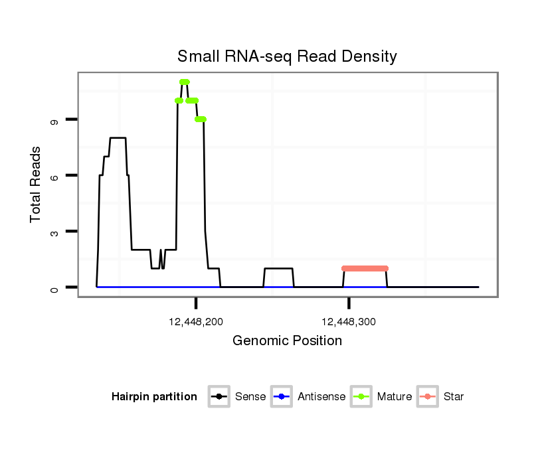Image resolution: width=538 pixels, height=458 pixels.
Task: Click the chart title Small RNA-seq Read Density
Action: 287,56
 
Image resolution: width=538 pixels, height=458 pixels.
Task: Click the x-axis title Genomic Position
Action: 287,341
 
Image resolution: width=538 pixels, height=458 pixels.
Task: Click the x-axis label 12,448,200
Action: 196,322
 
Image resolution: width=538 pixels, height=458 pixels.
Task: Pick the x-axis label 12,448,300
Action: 349,322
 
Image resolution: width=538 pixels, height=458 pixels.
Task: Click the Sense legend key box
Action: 219,397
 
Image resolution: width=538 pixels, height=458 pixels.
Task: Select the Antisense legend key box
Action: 281,397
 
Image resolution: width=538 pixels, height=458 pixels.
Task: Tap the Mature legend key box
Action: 361,397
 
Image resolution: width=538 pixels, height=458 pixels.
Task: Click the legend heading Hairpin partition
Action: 154,397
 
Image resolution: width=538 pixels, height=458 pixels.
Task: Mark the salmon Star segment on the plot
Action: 365,268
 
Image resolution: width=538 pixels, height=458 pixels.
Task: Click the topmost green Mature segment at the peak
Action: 185,82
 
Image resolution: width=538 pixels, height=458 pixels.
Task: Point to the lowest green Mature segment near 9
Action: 201,119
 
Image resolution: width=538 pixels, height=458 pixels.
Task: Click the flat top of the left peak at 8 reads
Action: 118,137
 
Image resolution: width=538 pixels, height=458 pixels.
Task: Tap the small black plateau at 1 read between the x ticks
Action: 278,268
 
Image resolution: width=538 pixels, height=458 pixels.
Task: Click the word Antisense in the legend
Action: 321,397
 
